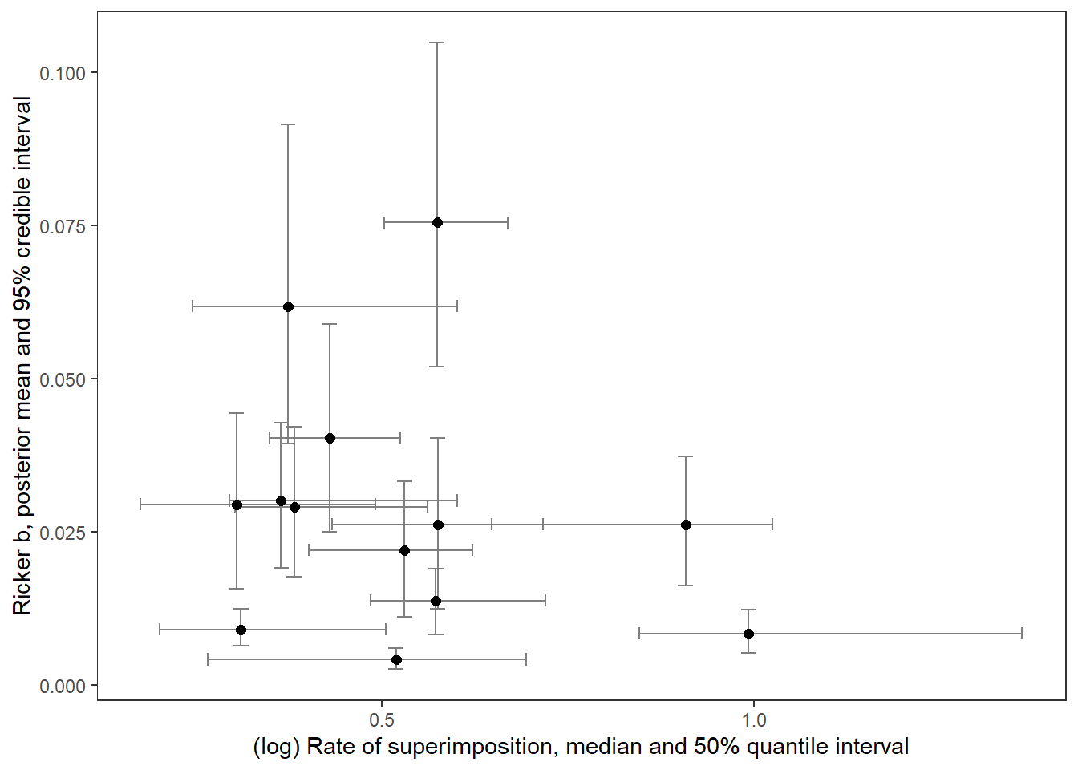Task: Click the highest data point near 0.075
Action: pyautogui.click(x=437, y=222)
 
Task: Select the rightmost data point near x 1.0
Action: pyautogui.click(x=748, y=634)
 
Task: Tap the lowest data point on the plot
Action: pyautogui.click(x=396, y=659)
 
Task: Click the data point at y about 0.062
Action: pyautogui.click(x=288, y=306)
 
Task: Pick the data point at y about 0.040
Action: pyautogui.click(x=330, y=438)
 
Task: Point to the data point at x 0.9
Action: pyautogui.click(x=686, y=525)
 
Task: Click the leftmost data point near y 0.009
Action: pyautogui.click(x=241, y=630)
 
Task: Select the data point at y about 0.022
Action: pyautogui.click(x=404, y=550)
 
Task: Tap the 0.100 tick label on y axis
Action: pyautogui.click(x=63, y=73)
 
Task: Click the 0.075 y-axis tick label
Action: pyautogui.click(x=63, y=226)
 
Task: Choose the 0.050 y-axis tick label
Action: pyautogui.click(x=63, y=379)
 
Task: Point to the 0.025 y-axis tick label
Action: pyautogui.click(x=63, y=533)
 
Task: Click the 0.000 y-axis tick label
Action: pyautogui.click(x=63, y=686)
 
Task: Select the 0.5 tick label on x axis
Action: pyautogui.click(x=382, y=719)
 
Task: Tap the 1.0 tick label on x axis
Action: pyautogui.click(x=754, y=719)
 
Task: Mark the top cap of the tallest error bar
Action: pyautogui.click(x=437, y=43)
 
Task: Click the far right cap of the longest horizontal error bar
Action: pyautogui.click(x=1022, y=634)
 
